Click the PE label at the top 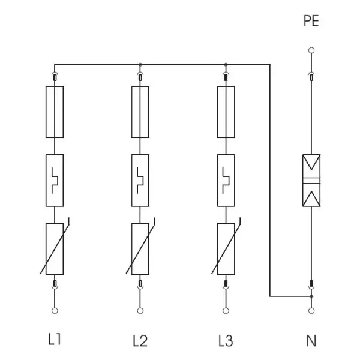tap(311, 21)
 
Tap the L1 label tap(55, 339)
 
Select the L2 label tap(140, 341)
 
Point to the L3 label tap(226, 341)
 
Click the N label tap(311, 341)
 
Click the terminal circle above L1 tap(55, 311)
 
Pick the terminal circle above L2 tap(140, 311)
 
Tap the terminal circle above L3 tap(226, 311)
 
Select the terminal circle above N tap(311, 311)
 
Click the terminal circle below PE tap(311, 50)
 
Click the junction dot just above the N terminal tap(311, 296)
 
